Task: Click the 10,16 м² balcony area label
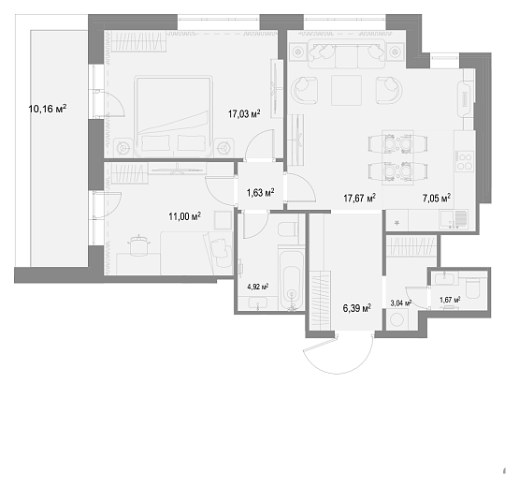[x=48, y=109]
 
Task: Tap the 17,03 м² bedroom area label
[x=244, y=114]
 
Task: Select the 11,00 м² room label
[x=185, y=216]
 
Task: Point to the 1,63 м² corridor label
[x=261, y=192]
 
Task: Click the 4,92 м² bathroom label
[x=258, y=287]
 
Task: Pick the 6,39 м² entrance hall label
[x=357, y=308]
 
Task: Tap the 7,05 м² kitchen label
[x=437, y=199]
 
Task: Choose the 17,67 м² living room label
[x=359, y=199]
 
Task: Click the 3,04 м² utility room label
[x=401, y=303]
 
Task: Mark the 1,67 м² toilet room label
[x=450, y=300]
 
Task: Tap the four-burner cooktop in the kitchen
[x=465, y=161]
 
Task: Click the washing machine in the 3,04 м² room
[x=396, y=320]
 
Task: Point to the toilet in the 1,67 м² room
[x=476, y=288]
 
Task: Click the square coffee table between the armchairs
[x=346, y=90]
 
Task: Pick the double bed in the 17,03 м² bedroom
[x=173, y=117]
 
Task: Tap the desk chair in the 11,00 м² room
[x=139, y=245]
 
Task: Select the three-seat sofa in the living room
[x=347, y=53]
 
